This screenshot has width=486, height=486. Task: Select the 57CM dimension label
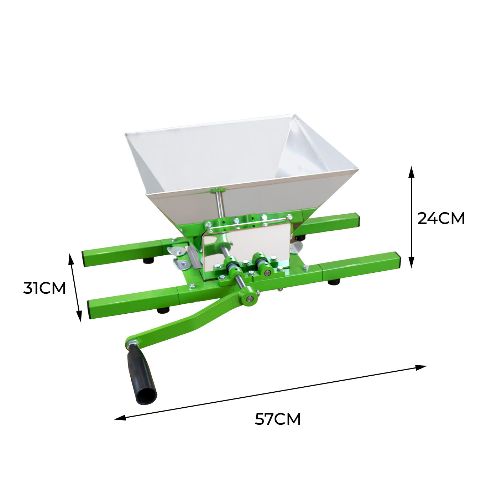(278, 419)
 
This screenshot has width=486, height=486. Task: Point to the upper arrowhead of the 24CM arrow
(411, 172)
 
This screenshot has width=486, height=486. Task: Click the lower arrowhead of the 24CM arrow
(411, 262)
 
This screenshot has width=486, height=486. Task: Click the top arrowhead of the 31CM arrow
(70, 260)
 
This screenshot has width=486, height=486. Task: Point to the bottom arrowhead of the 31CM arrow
(79, 316)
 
